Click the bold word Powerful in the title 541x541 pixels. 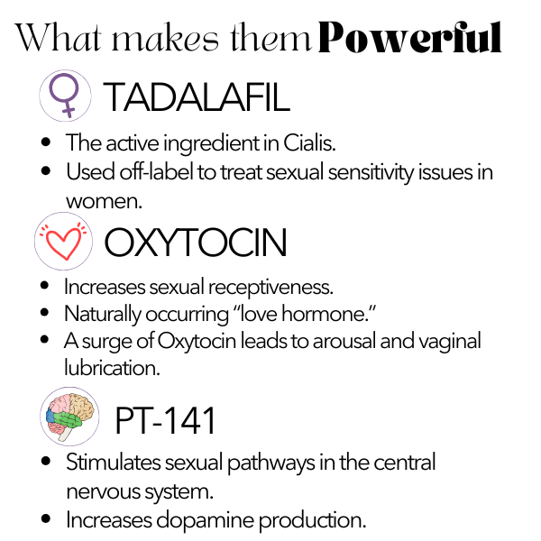pyautogui.click(x=409, y=37)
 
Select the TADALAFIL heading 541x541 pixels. pyautogui.click(x=197, y=97)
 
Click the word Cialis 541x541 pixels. pyautogui.click(x=309, y=142)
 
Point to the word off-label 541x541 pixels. pyautogui.click(x=156, y=172)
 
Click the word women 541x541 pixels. pyautogui.click(x=104, y=201)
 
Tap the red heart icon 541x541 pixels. pyautogui.click(x=63, y=241)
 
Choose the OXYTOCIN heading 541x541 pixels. pyautogui.click(x=196, y=243)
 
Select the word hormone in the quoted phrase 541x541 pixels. pyautogui.click(x=325, y=314)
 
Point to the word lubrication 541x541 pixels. pyautogui.click(x=112, y=368)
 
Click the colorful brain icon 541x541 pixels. pyautogui.click(x=69, y=417)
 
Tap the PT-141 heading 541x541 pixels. pyautogui.click(x=166, y=420)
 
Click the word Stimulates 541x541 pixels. pyautogui.click(x=114, y=462)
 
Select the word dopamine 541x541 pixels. pyautogui.click(x=206, y=520)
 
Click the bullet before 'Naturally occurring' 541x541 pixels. pyautogui.click(x=44, y=312)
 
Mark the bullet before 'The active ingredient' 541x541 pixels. pyautogui.click(x=46, y=142)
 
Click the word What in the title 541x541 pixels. pyautogui.click(x=58, y=37)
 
